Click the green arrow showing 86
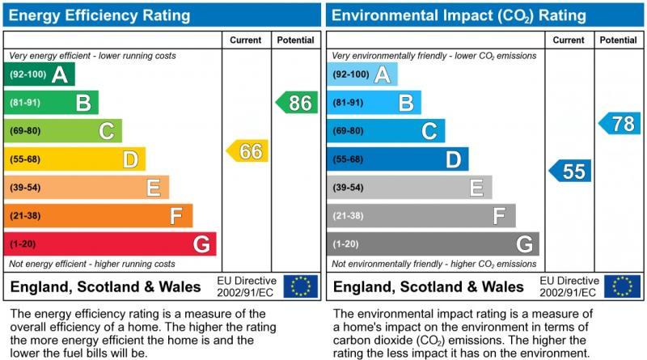tap(297, 103)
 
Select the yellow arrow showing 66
tap(247, 150)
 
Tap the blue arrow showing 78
tap(620, 124)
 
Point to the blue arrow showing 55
tap(571, 171)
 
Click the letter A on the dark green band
tap(59, 74)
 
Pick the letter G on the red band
tap(201, 244)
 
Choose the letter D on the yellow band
tap(130, 159)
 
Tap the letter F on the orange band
tap(177, 216)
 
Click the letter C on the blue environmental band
tap(429, 131)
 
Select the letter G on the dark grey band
tap(524, 244)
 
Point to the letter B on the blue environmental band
tap(406, 103)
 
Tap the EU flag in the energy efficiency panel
tap(301, 286)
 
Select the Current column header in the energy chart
tap(246, 40)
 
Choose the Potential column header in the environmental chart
tap(619, 40)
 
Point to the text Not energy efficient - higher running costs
tap(92, 264)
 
